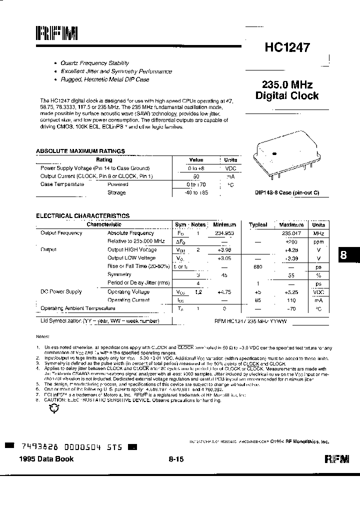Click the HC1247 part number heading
[287, 48]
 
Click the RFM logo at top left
[56, 34]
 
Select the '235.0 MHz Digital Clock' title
[286, 90]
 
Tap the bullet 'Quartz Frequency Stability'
[94, 63]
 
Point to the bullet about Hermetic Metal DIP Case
[104, 79]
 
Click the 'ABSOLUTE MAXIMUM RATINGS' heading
[80, 151]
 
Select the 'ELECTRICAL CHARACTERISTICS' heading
[82, 216]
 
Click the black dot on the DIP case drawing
[274, 152]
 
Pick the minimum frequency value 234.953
[224, 233]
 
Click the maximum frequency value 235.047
[291, 233]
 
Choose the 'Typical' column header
[258, 225]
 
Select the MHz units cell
[318, 233]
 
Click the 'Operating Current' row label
[128, 300]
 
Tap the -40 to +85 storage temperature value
[196, 192]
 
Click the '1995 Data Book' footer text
[46, 459]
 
